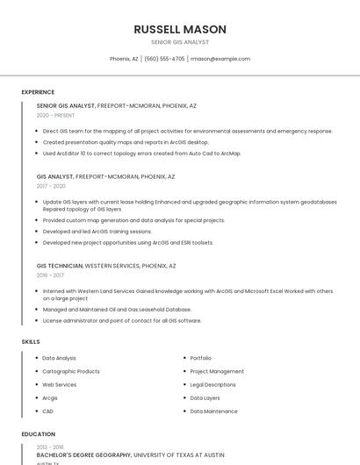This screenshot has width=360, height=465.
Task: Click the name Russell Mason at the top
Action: point(180,29)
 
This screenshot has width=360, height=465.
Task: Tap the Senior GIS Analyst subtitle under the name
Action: point(180,41)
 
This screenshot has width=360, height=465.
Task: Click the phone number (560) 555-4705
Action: point(164,59)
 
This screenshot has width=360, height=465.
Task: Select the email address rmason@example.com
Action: point(220,59)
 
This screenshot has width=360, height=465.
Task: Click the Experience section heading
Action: point(38,92)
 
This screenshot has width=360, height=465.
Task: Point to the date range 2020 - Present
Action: point(55,115)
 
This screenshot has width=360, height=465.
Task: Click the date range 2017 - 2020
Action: point(51,186)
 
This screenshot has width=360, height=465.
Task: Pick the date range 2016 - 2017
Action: point(50,275)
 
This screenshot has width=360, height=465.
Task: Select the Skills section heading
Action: point(31,341)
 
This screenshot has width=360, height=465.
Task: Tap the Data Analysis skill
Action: point(59,358)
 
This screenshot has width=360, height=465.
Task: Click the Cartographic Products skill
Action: point(70,371)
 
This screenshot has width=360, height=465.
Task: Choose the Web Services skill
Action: point(59,384)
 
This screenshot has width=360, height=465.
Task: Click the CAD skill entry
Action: point(47,411)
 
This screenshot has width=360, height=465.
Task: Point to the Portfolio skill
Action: point(200,358)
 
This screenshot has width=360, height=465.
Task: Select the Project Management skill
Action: point(217,371)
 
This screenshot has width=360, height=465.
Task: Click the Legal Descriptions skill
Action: point(212,384)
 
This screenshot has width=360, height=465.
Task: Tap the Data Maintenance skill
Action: point(213,411)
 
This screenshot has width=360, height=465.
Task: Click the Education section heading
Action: point(38,434)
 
